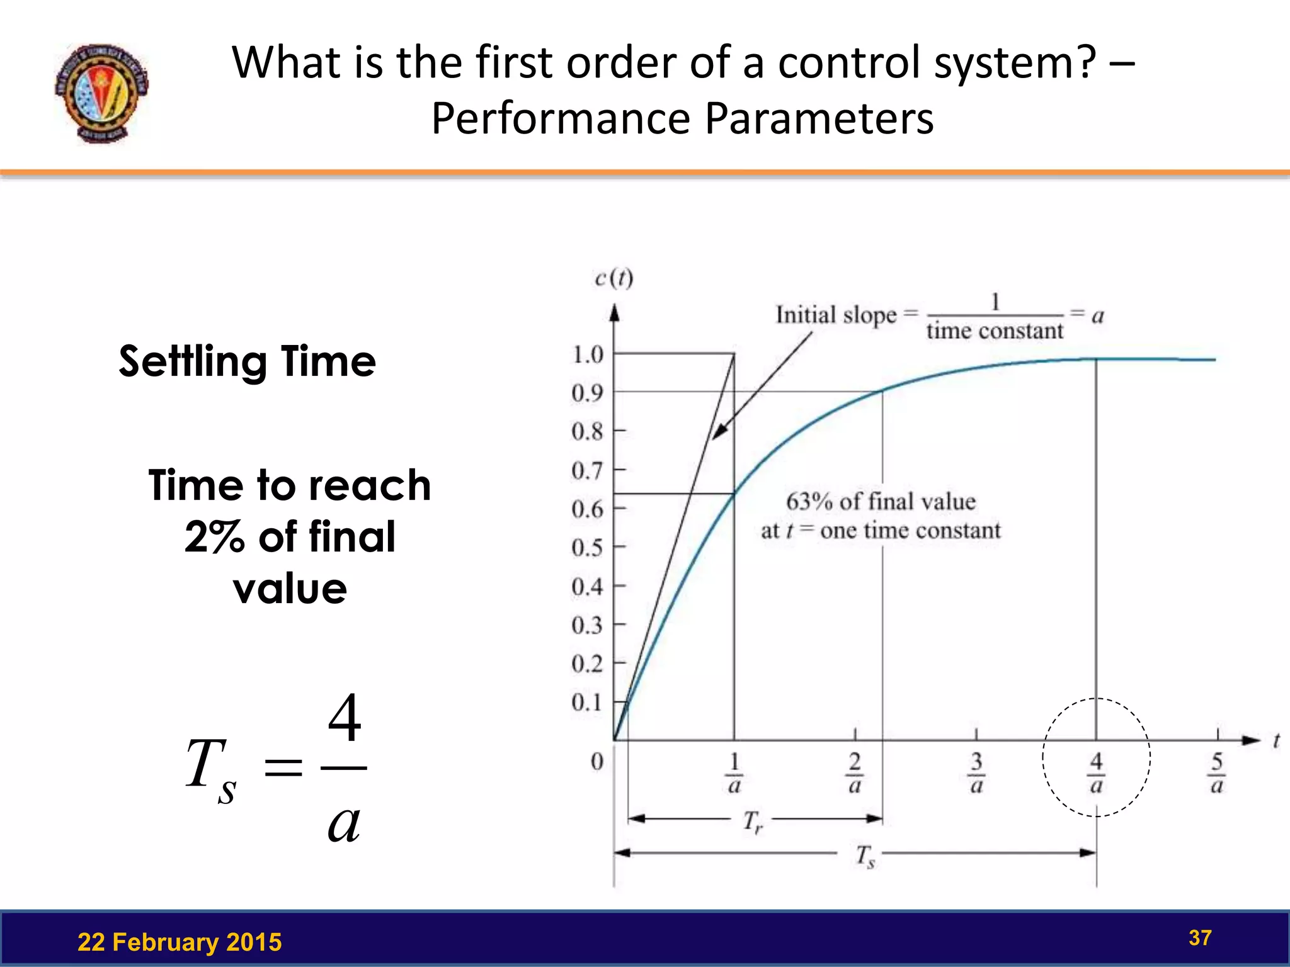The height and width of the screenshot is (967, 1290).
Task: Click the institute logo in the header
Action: pos(101,93)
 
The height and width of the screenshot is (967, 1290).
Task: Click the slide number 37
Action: pos(1199,938)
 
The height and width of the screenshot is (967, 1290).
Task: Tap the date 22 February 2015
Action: pos(180,942)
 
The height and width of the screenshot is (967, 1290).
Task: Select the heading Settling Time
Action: pos(247,361)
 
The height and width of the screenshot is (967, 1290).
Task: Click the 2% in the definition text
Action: pos(214,537)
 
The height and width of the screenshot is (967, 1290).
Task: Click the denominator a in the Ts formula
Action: pos(344,822)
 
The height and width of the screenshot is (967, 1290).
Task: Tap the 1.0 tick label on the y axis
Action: pos(587,355)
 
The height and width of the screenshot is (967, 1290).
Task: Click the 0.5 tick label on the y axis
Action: pos(587,548)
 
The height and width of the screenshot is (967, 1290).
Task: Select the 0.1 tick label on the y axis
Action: pos(587,703)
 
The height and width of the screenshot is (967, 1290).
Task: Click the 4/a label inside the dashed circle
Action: pos(1096,773)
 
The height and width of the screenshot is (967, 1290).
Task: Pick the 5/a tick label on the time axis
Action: pos(1217,773)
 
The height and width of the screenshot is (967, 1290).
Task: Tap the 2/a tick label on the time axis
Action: pos(855,773)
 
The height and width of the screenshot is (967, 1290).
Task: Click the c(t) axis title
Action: pos(614,278)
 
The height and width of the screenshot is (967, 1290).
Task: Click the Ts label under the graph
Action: pos(865,856)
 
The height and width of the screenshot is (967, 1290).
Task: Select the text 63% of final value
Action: pos(881,502)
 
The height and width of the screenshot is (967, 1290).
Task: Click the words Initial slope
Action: pos(835,315)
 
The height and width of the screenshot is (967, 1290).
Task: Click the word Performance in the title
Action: pos(561,118)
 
